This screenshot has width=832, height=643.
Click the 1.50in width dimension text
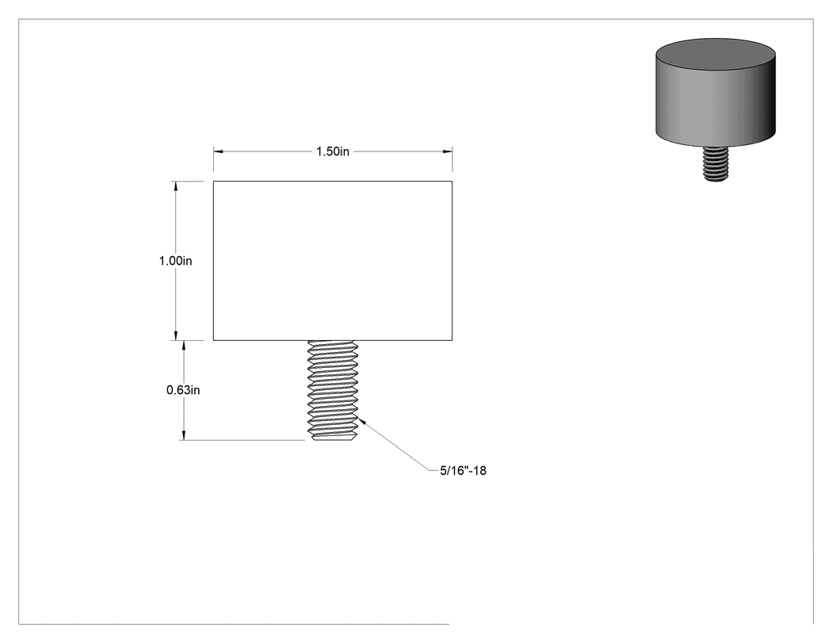[333, 151]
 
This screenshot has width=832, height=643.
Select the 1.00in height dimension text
[176, 261]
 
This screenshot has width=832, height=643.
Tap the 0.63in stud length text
[183, 390]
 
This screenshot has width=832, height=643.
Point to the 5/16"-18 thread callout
[463, 470]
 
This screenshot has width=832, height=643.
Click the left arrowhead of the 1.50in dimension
[218, 151]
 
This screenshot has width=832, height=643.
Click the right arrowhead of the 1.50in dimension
[448, 151]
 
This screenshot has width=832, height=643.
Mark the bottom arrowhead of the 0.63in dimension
[184, 435]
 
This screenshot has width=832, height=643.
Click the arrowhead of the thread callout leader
[361, 421]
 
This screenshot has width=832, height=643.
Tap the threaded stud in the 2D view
[333, 390]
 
